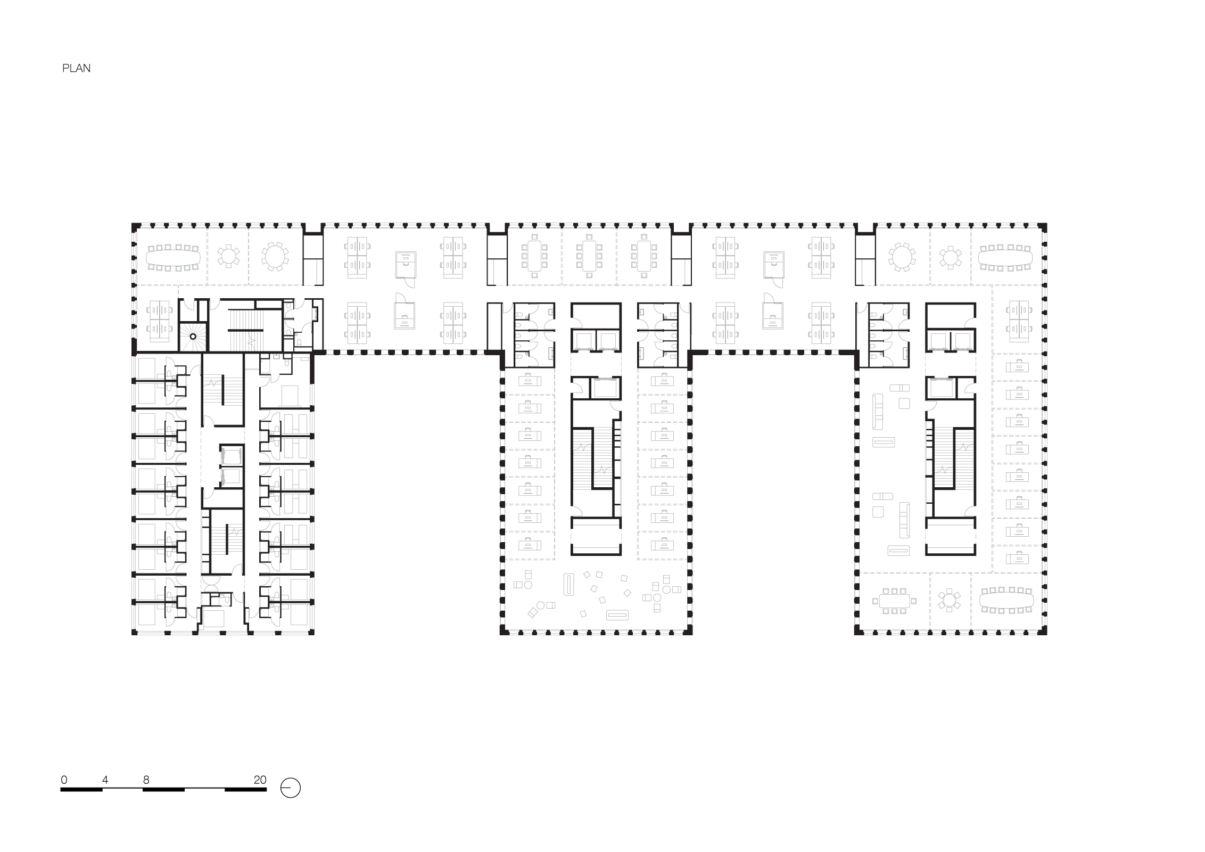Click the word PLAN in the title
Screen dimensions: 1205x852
click(76, 68)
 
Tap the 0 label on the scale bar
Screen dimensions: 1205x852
click(64, 780)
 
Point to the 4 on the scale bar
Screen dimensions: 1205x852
click(105, 780)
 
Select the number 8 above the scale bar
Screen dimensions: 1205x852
click(146, 780)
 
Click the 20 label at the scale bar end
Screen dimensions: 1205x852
click(260, 780)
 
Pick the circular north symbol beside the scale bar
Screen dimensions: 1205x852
click(291, 788)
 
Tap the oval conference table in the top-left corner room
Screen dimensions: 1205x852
click(174, 258)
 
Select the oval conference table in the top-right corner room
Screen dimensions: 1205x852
click(1006, 258)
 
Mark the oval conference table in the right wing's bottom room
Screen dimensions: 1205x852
click(1006, 600)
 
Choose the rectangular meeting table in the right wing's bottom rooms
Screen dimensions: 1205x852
click(894, 601)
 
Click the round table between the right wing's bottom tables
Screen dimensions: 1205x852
click(950, 601)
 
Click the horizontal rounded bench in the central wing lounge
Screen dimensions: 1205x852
click(618, 615)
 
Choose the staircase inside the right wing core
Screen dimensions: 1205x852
click(950, 458)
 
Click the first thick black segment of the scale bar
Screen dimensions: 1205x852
click(81, 790)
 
